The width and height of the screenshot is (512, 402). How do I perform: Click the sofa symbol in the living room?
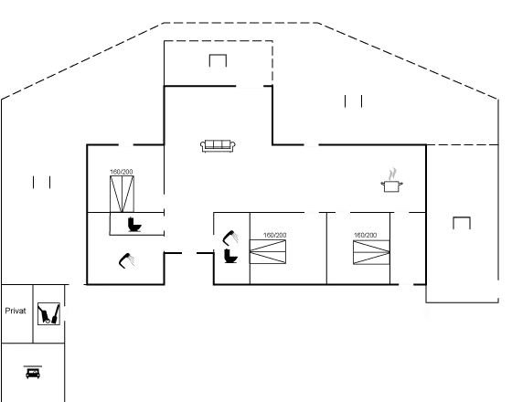(218, 146)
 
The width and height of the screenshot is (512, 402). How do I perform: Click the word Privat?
(16, 311)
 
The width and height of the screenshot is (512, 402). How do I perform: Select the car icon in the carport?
(33, 373)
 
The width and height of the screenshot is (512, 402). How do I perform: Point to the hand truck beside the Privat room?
(44, 314)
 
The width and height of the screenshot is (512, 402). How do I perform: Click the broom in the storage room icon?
(56, 313)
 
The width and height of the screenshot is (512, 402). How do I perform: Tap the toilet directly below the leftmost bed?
(134, 225)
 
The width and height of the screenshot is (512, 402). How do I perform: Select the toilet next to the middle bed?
(230, 256)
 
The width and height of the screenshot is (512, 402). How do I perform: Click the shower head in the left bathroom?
(126, 260)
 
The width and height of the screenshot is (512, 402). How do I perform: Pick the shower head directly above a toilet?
(230, 238)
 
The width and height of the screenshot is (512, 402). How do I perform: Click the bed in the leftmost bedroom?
(122, 194)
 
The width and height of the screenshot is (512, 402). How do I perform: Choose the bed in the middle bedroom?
(268, 251)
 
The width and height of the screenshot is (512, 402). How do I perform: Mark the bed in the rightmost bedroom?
(371, 252)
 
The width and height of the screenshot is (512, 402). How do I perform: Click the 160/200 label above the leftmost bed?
(122, 172)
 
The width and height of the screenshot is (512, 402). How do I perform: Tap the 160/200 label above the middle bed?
(275, 235)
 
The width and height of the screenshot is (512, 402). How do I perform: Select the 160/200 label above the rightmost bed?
(366, 235)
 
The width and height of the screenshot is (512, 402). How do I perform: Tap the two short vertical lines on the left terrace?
(41, 182)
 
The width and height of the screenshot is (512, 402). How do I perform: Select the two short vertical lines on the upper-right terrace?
(353, 101)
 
